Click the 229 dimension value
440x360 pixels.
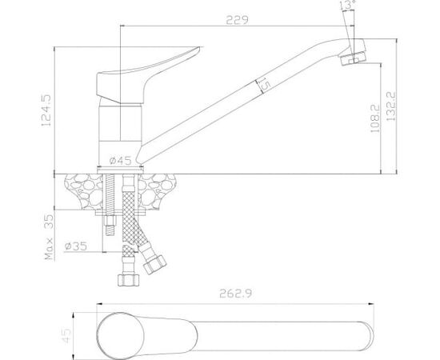[237, 20]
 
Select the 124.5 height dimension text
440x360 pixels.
[46, 110]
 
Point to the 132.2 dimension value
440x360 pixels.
[390, 106]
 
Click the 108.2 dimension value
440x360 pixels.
[374, 118]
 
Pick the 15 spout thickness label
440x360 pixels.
[264, 85]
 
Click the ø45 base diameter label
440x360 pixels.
[120, 161]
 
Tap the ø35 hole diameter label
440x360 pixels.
[76, 246]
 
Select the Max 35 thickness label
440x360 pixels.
[49, 237]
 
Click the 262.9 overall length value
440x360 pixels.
[236, 294]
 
